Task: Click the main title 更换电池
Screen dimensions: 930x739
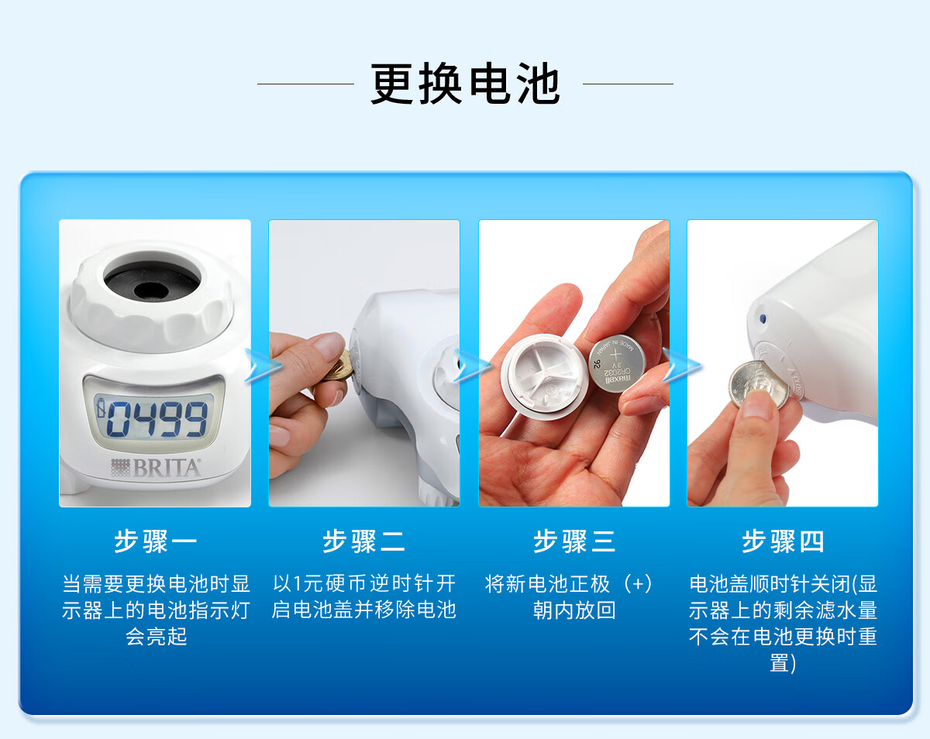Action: pos(465,84)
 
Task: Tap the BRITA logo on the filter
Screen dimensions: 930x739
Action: pos(156,467)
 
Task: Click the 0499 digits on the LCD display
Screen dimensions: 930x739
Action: pos(157,418)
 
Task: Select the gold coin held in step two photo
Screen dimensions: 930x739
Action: pos(340,366)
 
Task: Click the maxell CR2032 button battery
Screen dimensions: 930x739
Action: pos(617,363)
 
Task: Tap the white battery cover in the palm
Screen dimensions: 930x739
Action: pos(544,376)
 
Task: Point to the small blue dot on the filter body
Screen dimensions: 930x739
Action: pos(763,318)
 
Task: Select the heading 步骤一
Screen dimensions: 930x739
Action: pos(155,541)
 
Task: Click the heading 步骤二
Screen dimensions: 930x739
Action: pos(364,541)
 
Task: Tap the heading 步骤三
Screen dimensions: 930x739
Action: pos(574,541)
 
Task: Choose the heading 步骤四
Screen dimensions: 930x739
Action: pos(783,541)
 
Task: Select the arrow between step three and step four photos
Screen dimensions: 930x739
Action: pos(681,366)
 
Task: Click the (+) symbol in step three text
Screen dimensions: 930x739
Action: pos(638,584)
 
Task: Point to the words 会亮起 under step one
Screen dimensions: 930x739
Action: pos(156,636)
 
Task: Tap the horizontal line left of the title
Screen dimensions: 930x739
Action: pos(305,84)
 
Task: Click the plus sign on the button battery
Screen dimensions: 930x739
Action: pos(615,355)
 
